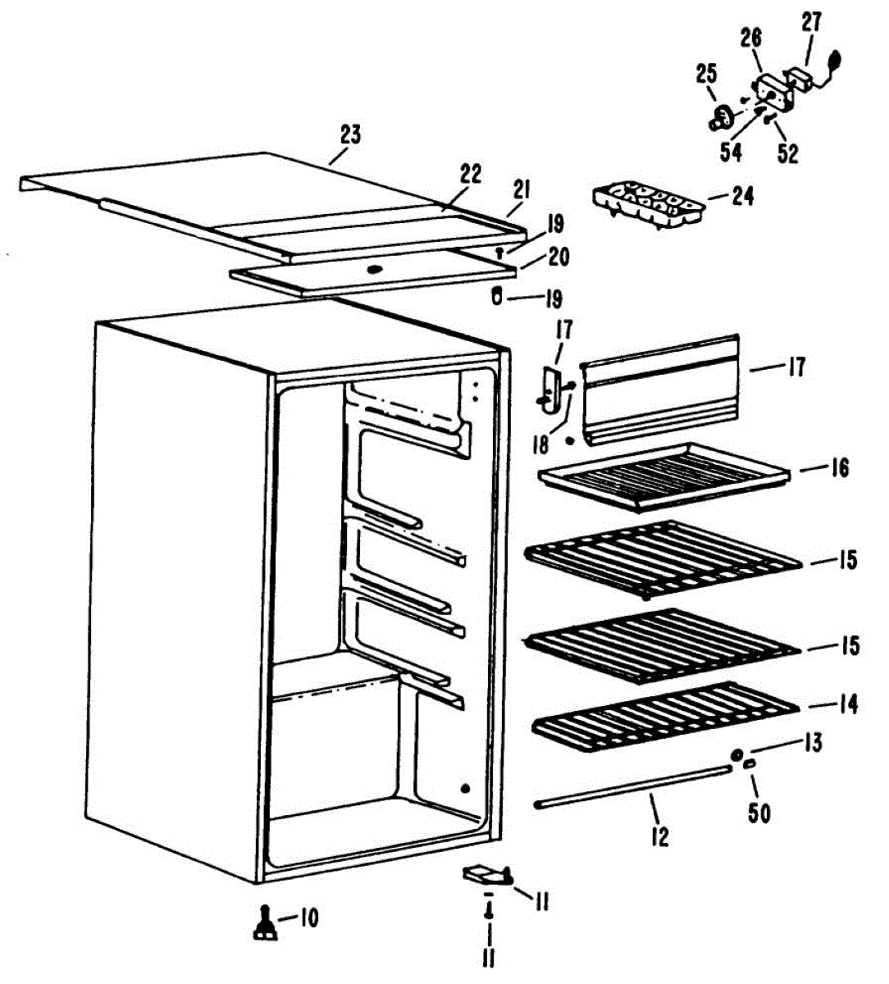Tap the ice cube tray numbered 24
click(x=647, y=205)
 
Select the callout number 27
click(x=811, y=23)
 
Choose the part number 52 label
click(x=787, y=153)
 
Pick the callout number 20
click(x=558, y=257)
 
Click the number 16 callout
click(x=839, y=468)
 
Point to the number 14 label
click(x=847, y=704)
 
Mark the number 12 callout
click(x=659, y=837)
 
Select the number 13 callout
click(x=812, y=743)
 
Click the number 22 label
click(x=471, y=175)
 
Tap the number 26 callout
click(x=750, y=37)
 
